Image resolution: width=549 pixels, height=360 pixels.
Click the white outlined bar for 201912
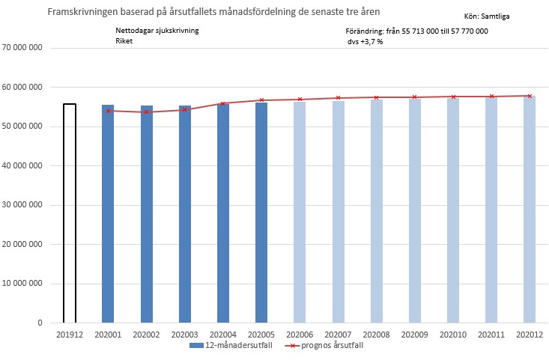coord(69,213)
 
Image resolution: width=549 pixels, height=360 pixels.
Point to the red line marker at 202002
coord(147,112)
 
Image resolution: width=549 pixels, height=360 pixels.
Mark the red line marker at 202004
coord(223,104)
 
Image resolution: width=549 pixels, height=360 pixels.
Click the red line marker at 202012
coord(530,96)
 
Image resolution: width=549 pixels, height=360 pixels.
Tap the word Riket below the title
coord(124,42)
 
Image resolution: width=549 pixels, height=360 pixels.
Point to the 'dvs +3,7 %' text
coord(365,42)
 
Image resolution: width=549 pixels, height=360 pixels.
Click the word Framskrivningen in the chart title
coord(82,13)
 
